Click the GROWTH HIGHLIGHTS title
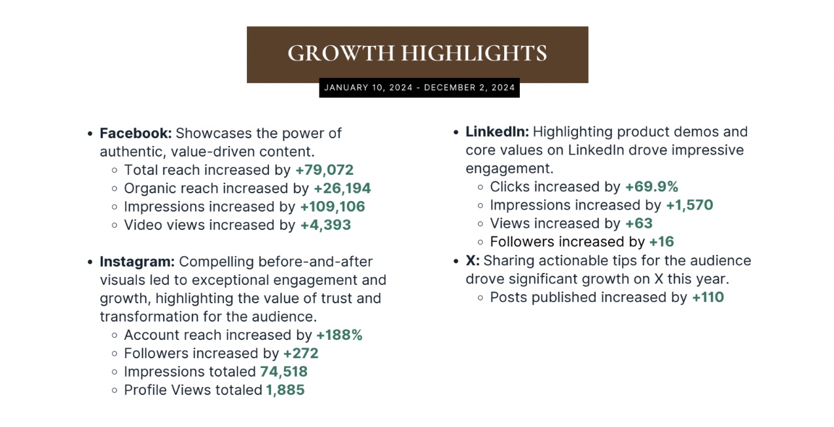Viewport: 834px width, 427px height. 417,54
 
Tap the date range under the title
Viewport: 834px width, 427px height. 419,88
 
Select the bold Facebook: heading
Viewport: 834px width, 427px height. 136,134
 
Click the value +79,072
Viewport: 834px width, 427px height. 324,170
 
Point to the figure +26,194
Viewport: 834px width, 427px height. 342,189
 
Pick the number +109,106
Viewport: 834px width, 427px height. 333,207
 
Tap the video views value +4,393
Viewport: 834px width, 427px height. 325,225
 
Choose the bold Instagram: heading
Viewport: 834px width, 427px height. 137,262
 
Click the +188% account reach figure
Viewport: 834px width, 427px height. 339,335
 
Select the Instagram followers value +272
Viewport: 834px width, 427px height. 300,354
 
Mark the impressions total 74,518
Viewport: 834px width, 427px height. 283,372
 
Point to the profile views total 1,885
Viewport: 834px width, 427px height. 285,390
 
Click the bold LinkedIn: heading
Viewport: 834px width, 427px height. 497,132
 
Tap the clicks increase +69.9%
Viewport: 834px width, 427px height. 651,187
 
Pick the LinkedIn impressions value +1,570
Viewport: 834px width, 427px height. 689,205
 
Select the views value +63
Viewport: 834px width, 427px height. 638,223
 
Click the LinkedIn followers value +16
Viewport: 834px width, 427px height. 661,242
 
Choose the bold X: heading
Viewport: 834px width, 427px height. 472,261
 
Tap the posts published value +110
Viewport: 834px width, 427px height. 708,297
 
